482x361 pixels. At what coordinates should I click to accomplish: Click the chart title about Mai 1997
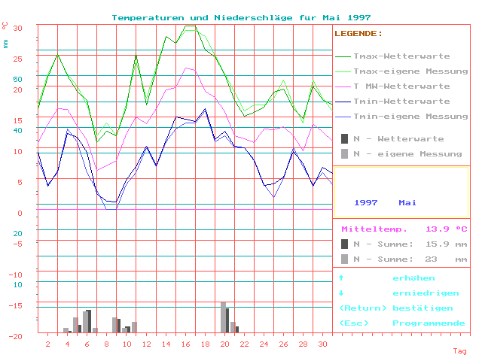[241, 17]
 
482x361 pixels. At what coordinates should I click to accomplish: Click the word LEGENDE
[358, 34]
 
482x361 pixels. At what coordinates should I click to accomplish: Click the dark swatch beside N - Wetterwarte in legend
[344, 139]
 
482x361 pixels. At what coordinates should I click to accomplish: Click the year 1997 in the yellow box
[365, 203]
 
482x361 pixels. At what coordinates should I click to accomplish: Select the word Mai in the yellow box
[407, 203]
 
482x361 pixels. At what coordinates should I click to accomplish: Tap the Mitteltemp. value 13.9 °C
[447, 229]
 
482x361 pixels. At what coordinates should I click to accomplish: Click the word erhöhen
[409, 278]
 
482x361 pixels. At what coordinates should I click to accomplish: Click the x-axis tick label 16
[185, 344]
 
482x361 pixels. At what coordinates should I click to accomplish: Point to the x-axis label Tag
[459, 351]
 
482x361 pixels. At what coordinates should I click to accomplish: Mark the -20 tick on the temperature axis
[15, 337]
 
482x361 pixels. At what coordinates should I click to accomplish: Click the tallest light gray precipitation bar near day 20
[223, 317]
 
